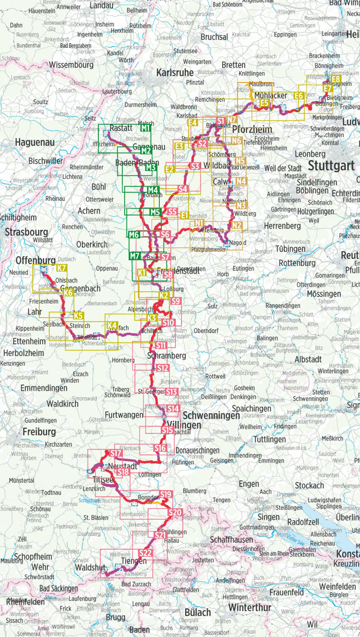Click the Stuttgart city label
(x=331, y=166)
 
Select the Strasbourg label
(x=26, y=232)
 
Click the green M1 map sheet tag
(x=145, y=128)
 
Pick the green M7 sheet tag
(x=135, y=256)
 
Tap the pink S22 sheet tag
(x=146, y=553)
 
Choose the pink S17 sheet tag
(x=116, y=453)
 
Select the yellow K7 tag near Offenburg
(x=61, y=269)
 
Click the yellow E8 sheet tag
(x=335, y=79)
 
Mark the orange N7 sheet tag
(x=232, y=121)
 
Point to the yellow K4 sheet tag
(x=112, y=325)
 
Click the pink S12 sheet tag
(x=162, y=368)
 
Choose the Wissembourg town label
(x=71, y=65)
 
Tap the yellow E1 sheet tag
(x=184, y=215)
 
